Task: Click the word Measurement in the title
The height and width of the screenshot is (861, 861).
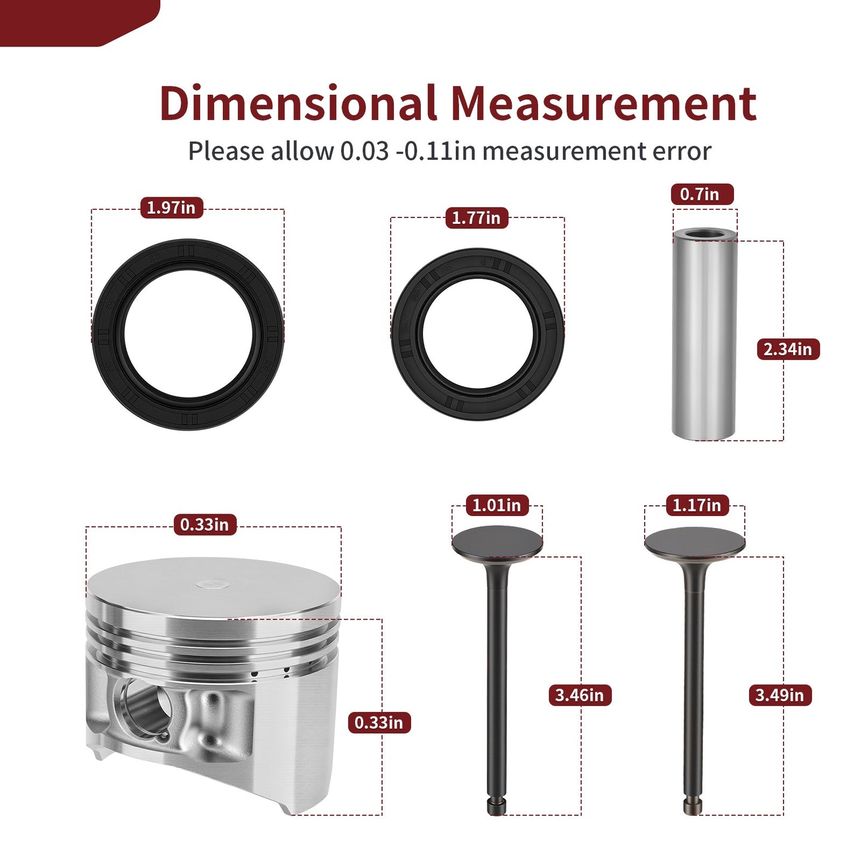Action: coord(604,104)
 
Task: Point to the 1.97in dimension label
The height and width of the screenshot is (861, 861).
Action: coord(172,208)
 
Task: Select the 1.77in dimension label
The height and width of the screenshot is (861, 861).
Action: coord(477,218)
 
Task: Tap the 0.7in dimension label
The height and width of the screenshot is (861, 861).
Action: coord(702,194)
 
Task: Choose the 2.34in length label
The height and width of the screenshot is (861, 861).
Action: coord(788,349)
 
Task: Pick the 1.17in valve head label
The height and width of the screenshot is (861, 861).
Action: coord(698,505)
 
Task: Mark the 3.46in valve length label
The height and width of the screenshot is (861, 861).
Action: coord(580,695)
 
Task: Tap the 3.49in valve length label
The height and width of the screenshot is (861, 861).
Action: coord(780,695)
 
